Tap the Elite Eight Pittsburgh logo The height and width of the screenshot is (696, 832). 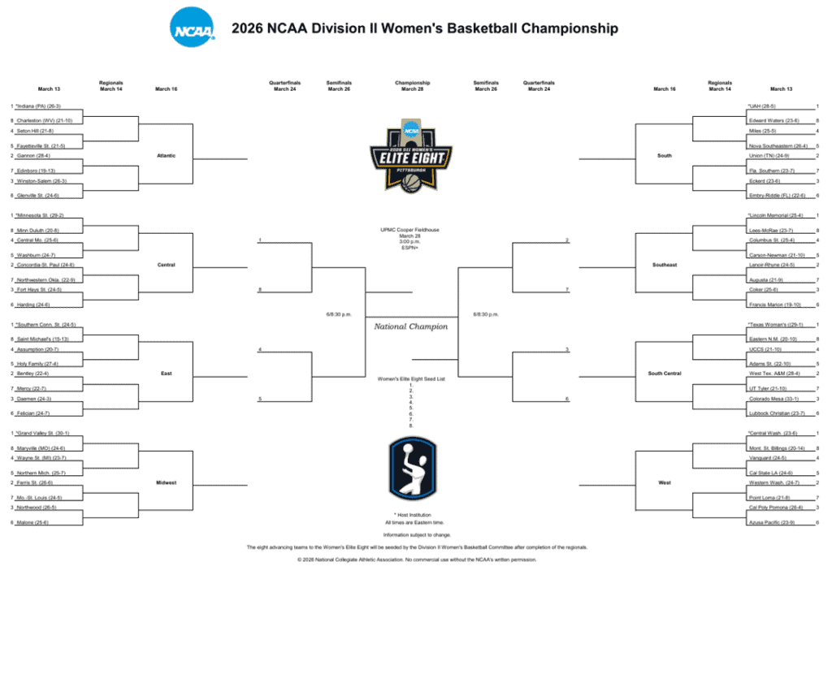tap(412, 154)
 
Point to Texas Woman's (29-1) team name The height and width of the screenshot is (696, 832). tap(775, 325)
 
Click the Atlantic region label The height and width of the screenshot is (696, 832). tap(166, 155)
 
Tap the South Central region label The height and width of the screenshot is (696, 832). tap(665, 374)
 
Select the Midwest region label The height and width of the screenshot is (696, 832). tap(166, 482)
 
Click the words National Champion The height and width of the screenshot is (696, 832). tap(411, 326)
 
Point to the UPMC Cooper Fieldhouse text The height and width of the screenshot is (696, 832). tap(411, 230)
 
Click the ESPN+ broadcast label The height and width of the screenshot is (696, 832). tap(411, 248)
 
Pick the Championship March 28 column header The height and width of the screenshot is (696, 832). tap(412, 86)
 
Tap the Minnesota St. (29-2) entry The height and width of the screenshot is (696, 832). tap(41, 215)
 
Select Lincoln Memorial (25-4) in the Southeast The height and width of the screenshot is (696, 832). tap(775, 215)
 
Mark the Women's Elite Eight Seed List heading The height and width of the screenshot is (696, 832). tap(411, 379)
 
